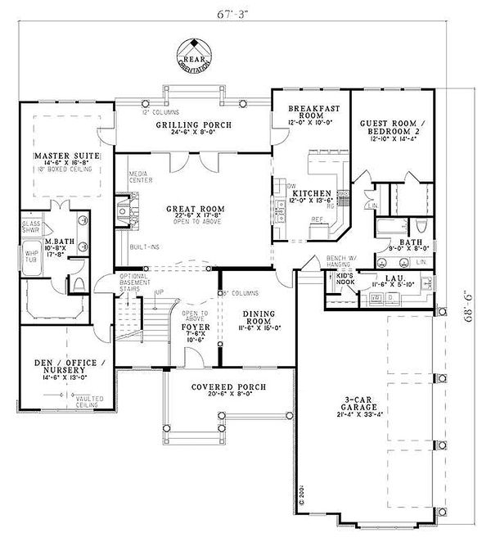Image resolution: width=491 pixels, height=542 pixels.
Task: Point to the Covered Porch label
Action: [219, 386]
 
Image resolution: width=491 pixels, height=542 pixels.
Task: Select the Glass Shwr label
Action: [31, 227]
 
